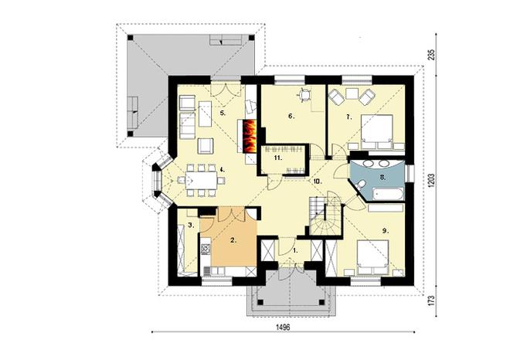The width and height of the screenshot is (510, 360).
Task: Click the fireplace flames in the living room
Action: coord(250,136)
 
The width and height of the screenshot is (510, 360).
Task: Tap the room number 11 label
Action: coord(277,158)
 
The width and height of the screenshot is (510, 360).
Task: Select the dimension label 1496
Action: coord(283,327)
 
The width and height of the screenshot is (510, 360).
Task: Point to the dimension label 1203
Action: coord(432,181)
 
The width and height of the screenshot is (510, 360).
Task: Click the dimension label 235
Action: coord(432,54)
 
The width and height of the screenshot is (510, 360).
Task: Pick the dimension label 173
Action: coord(432,301)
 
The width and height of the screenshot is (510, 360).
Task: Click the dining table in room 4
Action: coord(202,180)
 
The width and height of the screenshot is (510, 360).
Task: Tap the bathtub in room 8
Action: coord(389,194)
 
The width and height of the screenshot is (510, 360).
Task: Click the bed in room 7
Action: coord(376,131)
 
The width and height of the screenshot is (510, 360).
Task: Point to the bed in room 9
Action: coord(372,257)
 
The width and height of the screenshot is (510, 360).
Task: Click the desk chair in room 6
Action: coord(304,94)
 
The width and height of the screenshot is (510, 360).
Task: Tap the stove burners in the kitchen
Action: coord(206,250)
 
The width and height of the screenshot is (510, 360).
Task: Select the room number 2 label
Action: coord(233,241)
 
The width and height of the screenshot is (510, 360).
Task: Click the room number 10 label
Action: coord(318,182)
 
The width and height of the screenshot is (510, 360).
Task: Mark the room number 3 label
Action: coord(191,225)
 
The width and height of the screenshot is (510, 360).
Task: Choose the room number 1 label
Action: coord(295,251)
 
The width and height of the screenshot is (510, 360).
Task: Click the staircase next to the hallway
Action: coord(325,216)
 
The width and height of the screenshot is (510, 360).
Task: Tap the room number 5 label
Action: coord(222,113)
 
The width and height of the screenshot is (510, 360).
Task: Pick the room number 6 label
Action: coord(291,116)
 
